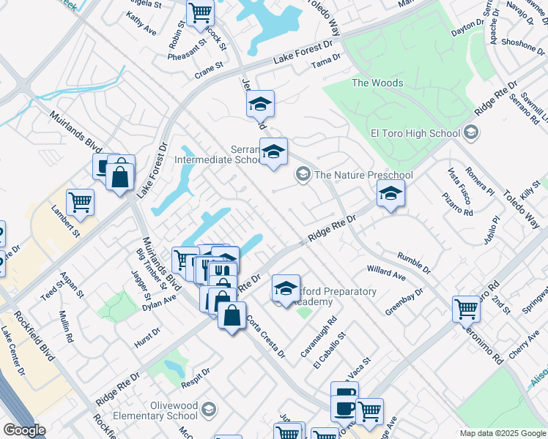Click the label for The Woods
377,83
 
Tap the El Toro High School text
415,133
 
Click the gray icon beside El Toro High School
471,132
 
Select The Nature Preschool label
363,175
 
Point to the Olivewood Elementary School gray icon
210,408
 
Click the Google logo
25,430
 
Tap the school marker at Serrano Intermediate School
274,151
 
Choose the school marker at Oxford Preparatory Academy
286,288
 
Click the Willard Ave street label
386,273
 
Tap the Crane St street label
209,69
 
